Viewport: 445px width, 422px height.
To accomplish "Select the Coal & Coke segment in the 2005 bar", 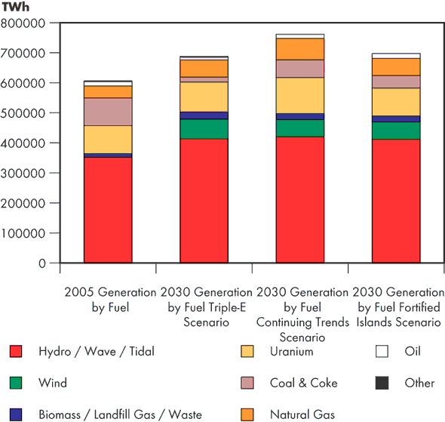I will point(108,112).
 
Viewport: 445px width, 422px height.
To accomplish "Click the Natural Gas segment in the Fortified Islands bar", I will point(396,67).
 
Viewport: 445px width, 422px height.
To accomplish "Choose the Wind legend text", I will point(52,383).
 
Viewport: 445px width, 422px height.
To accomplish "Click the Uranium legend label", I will point(290,351).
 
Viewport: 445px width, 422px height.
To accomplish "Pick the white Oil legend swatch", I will point(382,351).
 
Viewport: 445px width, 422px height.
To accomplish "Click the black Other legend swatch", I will point(382,383).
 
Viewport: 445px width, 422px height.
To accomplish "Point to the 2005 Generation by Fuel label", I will point(108,299).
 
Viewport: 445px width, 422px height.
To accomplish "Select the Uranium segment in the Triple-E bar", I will point(204,97).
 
